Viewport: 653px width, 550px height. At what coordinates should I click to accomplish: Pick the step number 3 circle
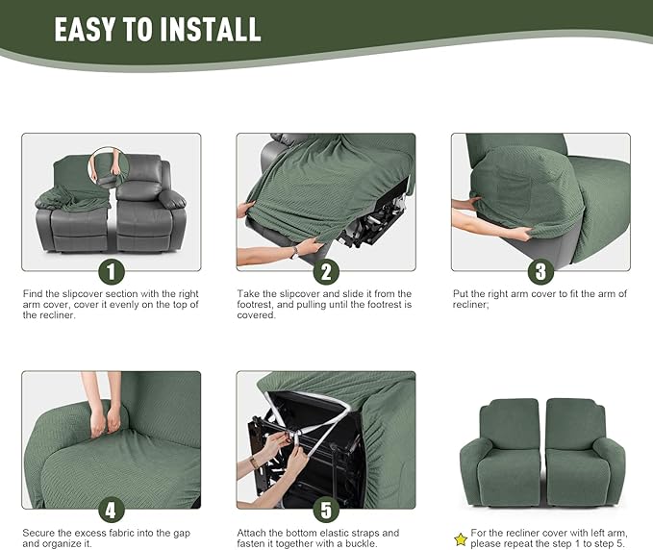540,270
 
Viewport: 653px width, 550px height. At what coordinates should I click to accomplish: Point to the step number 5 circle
326,509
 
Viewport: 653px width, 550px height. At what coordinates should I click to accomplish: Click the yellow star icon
461,539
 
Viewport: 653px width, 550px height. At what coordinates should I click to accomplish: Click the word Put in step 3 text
461,293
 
